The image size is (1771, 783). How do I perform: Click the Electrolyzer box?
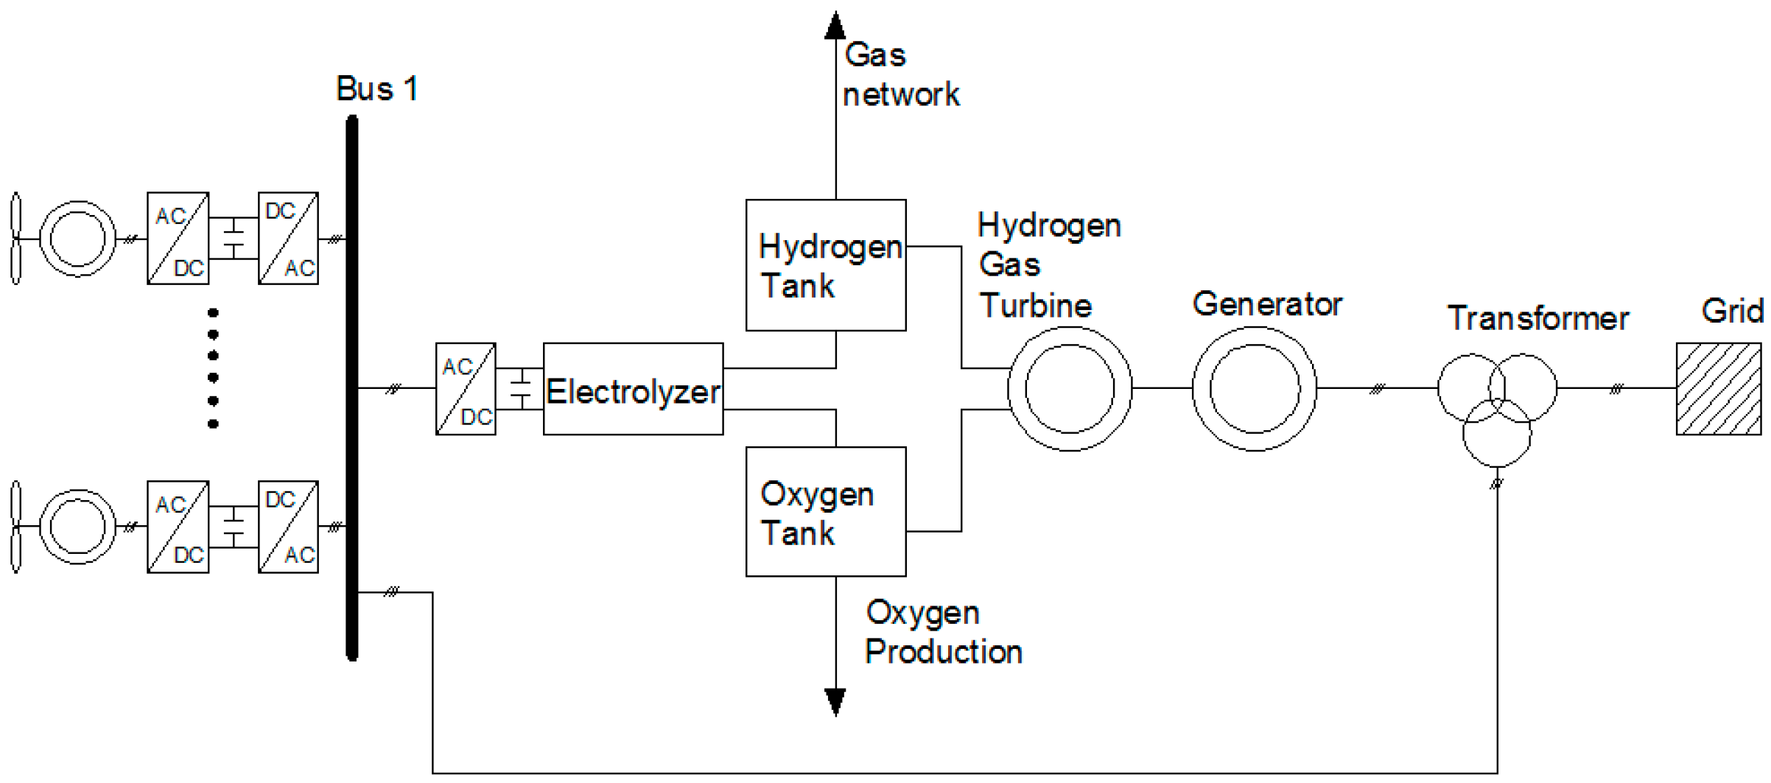pos(633,389)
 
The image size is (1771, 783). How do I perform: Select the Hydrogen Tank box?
pos(825,265)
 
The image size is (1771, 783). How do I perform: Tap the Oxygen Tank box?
pos(825,512)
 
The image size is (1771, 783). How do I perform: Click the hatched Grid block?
pos(1718,389)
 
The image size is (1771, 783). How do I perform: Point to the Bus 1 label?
pos(377,89)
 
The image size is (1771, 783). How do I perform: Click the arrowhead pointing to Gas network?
pos(835,26)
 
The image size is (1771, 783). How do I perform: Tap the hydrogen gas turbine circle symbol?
pos(1069,389)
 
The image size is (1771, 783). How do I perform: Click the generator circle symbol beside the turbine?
pos(1254,389)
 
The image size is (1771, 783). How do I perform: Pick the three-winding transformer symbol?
pos(1497,407)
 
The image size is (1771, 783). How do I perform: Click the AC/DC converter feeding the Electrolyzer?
pos(466,389)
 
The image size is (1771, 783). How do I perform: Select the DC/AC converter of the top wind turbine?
pos(288,239)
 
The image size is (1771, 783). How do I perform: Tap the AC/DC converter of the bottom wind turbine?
pos(178,527)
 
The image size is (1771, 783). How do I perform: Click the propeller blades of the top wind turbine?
pos(15,239)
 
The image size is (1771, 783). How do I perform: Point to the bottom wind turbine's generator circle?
pos(77,527)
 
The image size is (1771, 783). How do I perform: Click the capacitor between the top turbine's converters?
pos(234,239)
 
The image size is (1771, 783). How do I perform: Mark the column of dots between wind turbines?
pos(213,368)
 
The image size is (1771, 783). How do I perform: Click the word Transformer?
pos(1537,319)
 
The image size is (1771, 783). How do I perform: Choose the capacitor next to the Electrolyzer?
pos(520,389)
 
